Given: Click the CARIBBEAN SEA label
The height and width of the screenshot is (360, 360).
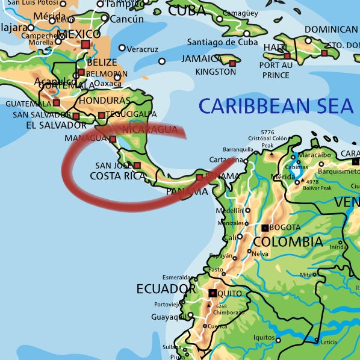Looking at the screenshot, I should [x=276, y=106].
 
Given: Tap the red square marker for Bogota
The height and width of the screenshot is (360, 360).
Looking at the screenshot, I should [x=265, y=228].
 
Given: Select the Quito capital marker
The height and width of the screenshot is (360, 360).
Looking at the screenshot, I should [x=213, y=293].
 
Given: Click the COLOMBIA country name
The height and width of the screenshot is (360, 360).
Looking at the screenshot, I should [x=287, y=242].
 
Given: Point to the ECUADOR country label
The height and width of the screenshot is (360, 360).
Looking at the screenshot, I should [x=166, y=289].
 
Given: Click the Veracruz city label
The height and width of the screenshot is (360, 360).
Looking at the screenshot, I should [x=143, y=49].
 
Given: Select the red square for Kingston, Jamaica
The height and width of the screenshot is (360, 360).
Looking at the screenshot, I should [x=232, y=63].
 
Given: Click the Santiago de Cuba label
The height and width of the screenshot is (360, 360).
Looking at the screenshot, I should [x=222, y=42].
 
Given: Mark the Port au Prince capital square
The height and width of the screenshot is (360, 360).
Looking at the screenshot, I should [x=287, y=56].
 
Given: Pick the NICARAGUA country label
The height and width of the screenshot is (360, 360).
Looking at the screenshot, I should [x=150, y=129].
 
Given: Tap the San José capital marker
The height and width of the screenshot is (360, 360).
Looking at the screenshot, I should [x=137, y=165].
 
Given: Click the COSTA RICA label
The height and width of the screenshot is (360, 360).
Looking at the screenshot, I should [x=117, y=176].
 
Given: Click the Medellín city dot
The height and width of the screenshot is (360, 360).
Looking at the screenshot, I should [x=247, y=211].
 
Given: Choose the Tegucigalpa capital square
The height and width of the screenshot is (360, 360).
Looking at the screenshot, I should [x=102, y=115].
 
